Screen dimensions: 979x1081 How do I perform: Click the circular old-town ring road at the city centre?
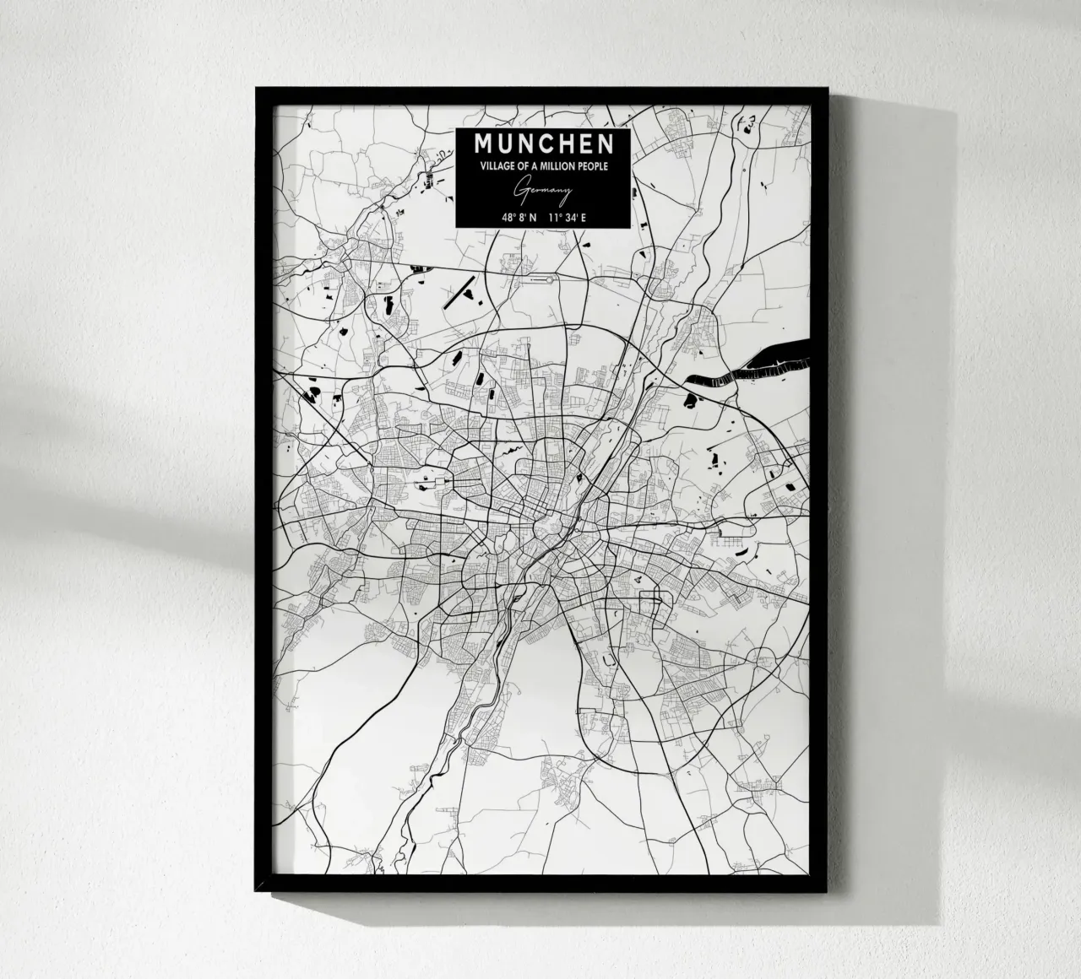point(540,528)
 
